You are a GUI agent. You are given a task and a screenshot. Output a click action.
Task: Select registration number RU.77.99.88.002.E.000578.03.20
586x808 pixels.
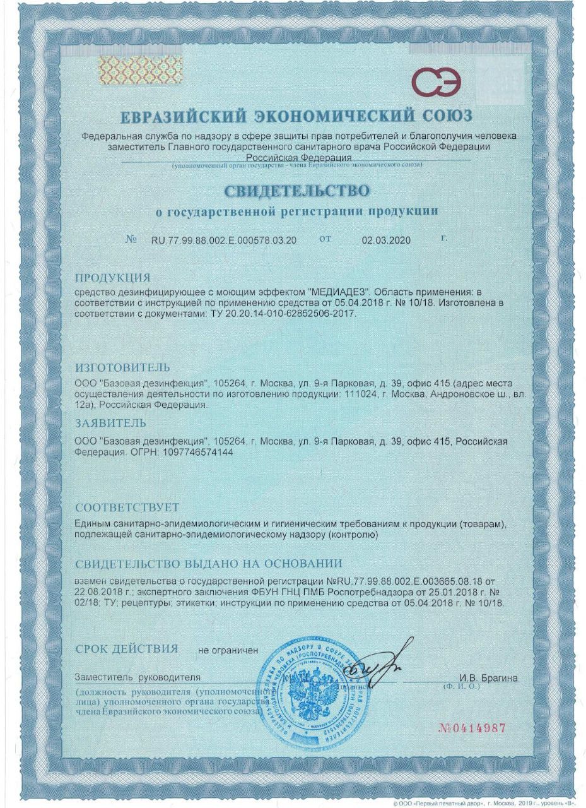(x=223, y=241)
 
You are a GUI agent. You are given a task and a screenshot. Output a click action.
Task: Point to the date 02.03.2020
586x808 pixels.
(x=386, y=241)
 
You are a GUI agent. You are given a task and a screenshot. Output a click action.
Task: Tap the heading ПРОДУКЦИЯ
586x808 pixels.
(x=112, y=278)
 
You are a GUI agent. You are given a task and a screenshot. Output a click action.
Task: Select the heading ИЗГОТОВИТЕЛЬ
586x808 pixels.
(x=122, y=367)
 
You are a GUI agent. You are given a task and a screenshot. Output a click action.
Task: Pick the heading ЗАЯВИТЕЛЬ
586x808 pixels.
(x=110, y=423)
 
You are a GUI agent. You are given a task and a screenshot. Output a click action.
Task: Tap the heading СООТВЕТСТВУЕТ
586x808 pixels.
(x=127, y=508)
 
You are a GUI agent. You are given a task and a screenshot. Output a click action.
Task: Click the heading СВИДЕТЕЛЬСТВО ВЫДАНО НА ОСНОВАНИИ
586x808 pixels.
(x=208, y=564)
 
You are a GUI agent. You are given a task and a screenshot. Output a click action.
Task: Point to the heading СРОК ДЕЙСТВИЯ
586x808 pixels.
(x=126, y=648)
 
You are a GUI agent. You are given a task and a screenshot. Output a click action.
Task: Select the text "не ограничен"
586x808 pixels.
(x=228, y=650)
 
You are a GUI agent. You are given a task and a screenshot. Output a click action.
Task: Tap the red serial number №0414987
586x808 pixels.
(x=472, y=728)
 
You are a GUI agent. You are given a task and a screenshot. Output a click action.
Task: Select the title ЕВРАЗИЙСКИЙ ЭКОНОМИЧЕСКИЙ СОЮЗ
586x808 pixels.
(x=295, y=118)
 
